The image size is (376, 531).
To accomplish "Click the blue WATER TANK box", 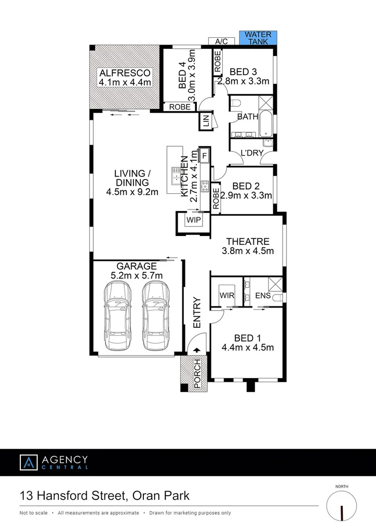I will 258,38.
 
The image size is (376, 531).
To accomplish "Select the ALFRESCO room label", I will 125,73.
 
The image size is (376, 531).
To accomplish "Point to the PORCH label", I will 196,373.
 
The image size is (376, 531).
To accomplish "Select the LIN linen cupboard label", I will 206,122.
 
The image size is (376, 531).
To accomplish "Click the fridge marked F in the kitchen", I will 204,155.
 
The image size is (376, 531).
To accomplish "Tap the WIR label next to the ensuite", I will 227,295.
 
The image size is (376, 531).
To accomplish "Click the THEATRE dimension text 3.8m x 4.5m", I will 248,251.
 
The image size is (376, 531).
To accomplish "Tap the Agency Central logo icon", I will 29,463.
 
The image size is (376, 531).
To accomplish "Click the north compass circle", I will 342,506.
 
